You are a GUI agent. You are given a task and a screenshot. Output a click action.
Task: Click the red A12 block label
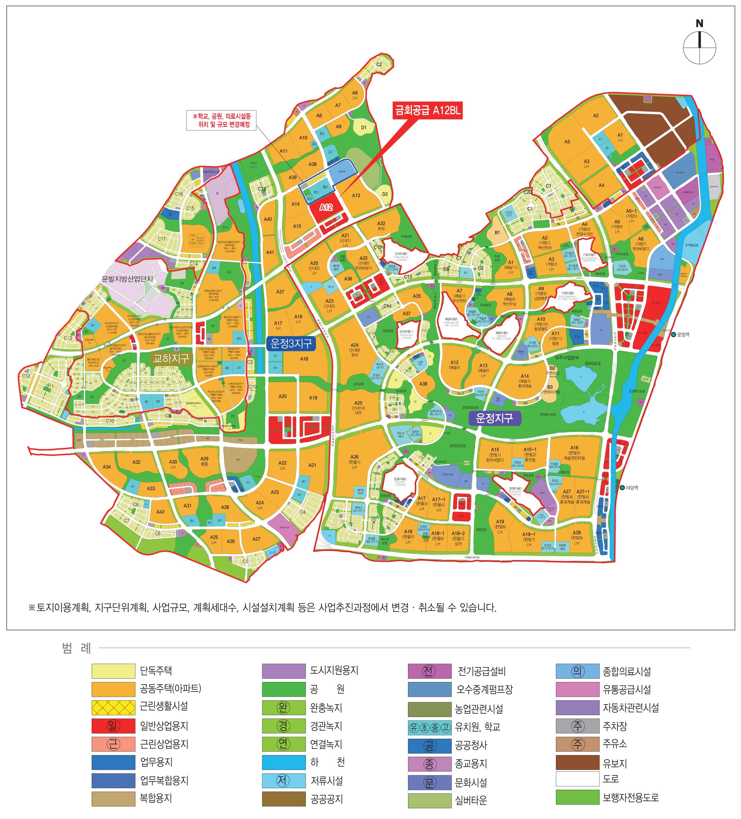(325, 207)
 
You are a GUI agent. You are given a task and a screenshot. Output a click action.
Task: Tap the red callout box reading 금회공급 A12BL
(427, 110)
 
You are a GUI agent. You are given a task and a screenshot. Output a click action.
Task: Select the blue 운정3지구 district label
(291, 343)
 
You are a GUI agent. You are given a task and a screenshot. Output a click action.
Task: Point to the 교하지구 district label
(171, 358)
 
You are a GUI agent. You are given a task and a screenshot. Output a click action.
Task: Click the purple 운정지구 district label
(494, 418)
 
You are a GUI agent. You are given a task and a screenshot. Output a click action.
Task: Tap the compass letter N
(699, 24)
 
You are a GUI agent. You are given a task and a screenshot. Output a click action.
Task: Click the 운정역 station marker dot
(673, 334)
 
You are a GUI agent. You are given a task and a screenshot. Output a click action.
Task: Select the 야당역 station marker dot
(622, 488)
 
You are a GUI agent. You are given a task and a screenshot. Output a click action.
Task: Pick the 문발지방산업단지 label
(127, 279)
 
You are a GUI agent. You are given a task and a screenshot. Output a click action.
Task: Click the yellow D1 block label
(363, 127)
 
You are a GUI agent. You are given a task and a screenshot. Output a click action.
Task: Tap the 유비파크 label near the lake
(592, 363)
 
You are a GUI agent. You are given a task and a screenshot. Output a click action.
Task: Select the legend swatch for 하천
(283, 762)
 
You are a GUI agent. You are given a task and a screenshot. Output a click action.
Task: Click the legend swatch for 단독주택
(113, 671)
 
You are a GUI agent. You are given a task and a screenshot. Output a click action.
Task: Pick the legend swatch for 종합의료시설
(577, 671)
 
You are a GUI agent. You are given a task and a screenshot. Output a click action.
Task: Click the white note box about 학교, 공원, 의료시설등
(221, 120)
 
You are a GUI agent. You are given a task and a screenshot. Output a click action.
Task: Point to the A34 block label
(107, 467)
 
